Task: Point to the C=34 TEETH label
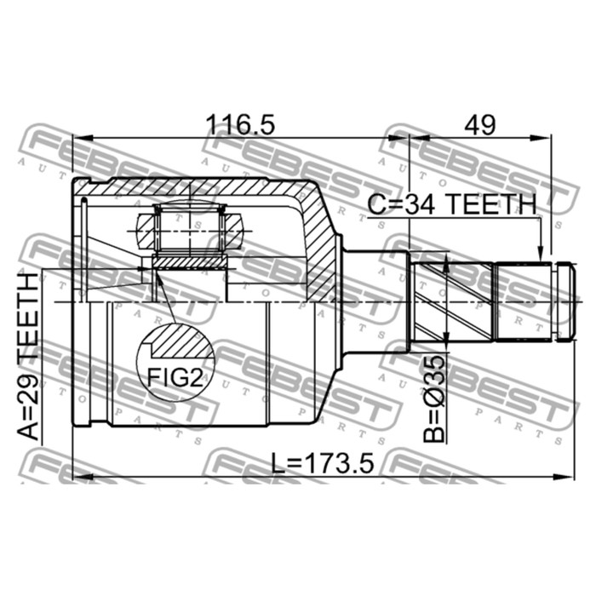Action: point(452,204)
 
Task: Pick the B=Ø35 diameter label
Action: point(435,398)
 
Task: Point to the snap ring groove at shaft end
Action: point(554,301)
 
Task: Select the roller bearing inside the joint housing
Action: point(188,229)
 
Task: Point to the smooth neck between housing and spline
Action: point(375,301)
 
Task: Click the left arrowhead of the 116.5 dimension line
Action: point(79,136)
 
